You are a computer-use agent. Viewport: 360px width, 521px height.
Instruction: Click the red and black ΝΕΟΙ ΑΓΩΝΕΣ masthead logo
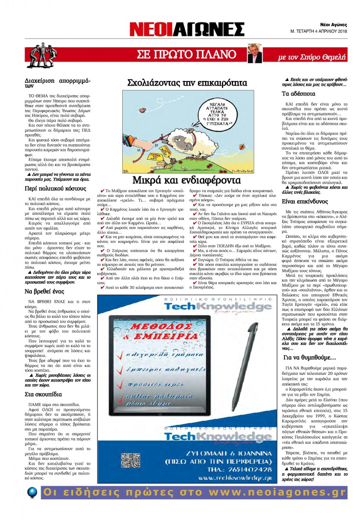point(186,29)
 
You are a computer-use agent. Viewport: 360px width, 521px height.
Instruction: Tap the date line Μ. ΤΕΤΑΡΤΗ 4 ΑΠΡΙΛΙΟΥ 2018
point(319,31)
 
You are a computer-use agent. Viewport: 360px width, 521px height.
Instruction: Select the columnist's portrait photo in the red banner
point(255,53)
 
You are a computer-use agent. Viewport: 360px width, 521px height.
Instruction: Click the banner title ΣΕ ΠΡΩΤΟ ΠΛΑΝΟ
point(186,55)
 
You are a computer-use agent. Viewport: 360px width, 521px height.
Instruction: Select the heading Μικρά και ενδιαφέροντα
point(186,180)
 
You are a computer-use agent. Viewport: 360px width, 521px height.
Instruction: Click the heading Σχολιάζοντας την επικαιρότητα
point(187,83)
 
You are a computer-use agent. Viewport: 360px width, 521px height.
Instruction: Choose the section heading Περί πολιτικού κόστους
point(55,189)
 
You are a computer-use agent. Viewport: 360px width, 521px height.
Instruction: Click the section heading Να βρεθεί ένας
point(45,291)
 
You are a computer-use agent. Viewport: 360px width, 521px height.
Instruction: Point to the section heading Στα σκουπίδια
point(43,394)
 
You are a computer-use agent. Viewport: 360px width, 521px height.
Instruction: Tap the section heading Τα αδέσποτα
point(298,94)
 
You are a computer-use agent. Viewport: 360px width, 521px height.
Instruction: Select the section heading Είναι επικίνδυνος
point(304,202)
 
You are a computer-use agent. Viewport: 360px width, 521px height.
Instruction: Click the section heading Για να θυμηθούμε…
point(310,358)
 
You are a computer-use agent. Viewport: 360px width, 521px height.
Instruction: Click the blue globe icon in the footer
point(33,492)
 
